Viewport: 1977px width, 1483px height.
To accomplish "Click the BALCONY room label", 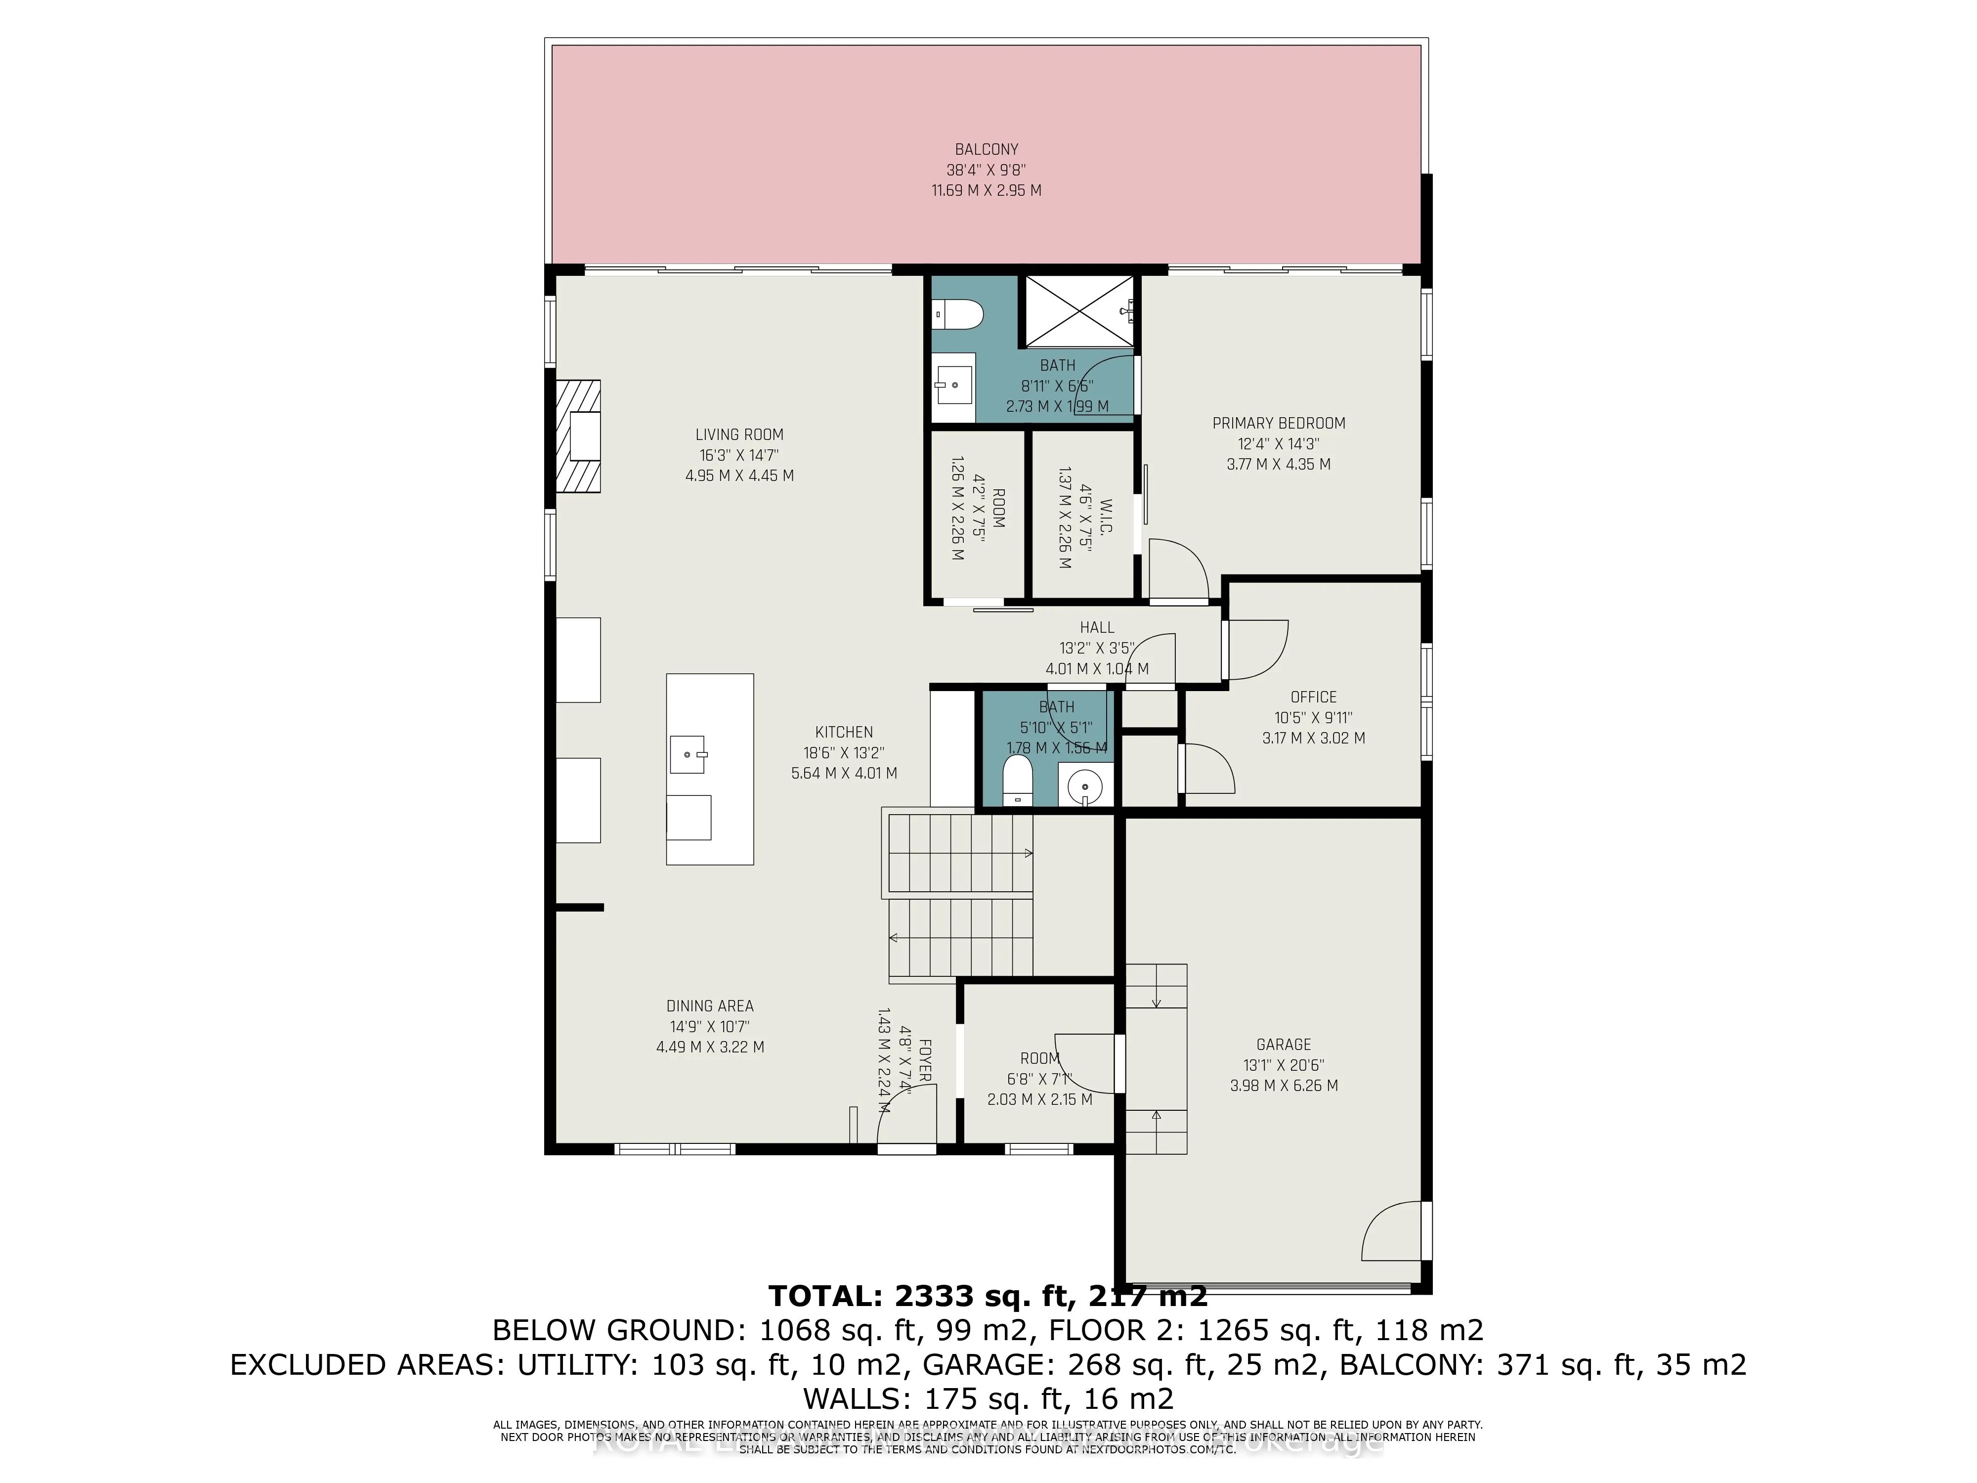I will click(x=986, y=149).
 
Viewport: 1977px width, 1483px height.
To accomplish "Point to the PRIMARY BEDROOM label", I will click(x=1278, y=423).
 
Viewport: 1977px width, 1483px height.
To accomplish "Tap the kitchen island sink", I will click(x=688, y=755).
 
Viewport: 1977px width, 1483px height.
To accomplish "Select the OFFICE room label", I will click(x=1313, y=697).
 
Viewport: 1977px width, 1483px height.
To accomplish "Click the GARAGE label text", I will click(x=1284, y=1044).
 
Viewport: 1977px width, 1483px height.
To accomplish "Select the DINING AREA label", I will click(x=710, y=1005).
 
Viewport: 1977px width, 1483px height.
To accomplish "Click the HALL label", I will click(x=1097, y=627).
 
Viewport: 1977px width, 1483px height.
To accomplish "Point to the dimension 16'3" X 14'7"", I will click(x=739, y=455).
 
